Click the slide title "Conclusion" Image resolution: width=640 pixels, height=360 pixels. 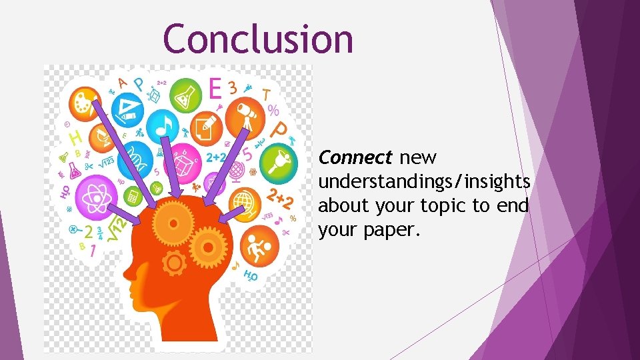(258, 38)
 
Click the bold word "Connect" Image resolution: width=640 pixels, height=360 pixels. (355, 158)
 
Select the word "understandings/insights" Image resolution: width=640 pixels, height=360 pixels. (424, 182)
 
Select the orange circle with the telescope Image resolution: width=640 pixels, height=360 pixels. (247, 114)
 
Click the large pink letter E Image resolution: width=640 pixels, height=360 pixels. (215, 89)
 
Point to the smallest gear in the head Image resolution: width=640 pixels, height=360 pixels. (174, 264)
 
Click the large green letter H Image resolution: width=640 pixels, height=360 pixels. (77, 139)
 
